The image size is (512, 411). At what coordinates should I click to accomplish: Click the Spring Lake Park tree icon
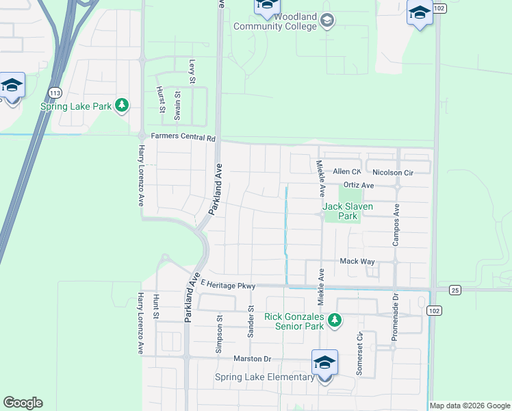click(122, 105)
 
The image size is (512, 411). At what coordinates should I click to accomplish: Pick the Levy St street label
click(193, 71)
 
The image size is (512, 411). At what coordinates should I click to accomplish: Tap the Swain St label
click(177, 105)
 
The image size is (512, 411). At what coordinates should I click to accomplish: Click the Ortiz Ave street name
click(359, 185)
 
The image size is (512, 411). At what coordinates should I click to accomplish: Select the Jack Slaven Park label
click(340, 210)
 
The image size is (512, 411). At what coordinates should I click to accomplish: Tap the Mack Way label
click(357, 262)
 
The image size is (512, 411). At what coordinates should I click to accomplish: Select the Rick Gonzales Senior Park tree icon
click(335, 320)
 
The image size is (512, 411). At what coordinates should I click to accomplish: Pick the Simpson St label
click(219, 334)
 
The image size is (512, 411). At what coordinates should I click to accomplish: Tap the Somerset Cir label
click(359, 351)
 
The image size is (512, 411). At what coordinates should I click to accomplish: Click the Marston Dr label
click(253, 358)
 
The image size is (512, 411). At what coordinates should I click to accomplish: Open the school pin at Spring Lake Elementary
click(324, 362)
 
